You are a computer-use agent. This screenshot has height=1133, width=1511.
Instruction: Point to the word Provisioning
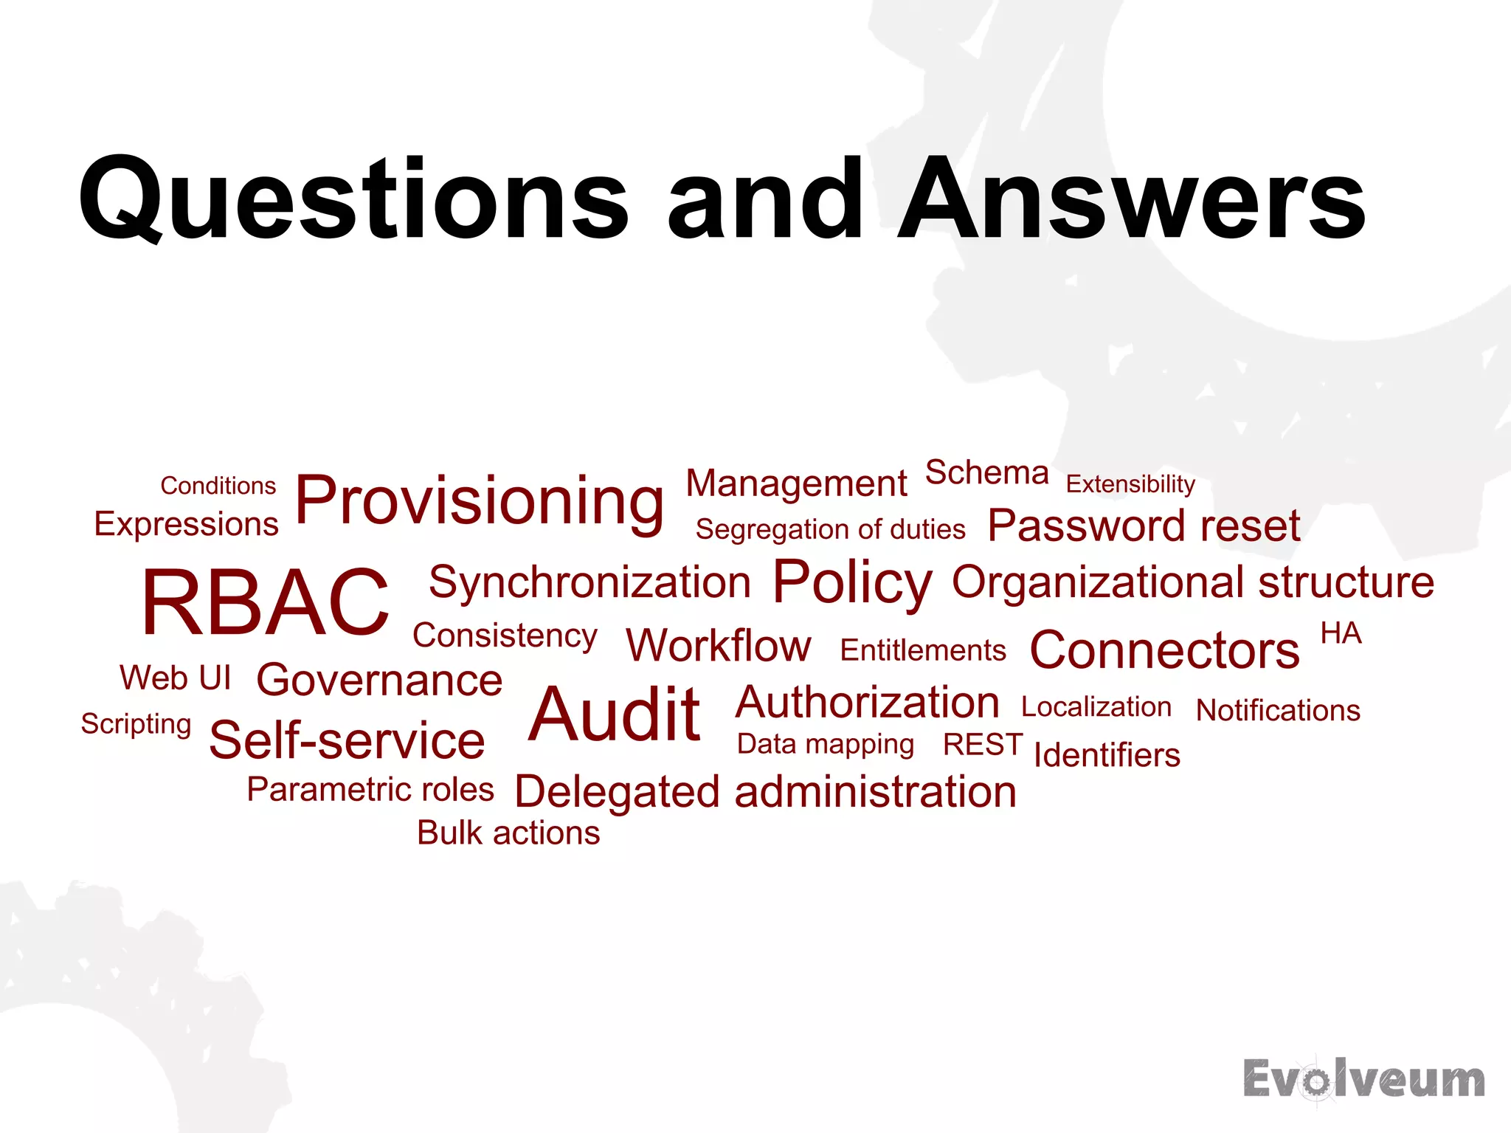tap(480, 502)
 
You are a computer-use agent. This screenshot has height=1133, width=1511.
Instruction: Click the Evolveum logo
tap(1363, 1079)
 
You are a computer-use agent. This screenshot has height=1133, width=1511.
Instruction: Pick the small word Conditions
tap(218, 486)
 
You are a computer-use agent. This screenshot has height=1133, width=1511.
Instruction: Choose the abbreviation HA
tap(1341, 633)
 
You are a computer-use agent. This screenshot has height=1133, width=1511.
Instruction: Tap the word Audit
tap(615, 714)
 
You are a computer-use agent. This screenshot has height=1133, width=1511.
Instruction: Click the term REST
tap(983, 745)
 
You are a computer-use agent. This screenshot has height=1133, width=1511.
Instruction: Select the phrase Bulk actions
tap(508, 833)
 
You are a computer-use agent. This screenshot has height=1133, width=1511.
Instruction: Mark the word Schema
tap(986, 472)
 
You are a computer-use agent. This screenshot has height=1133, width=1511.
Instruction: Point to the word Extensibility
tap(1130, 484)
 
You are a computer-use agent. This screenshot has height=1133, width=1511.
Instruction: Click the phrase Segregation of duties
tap(830, 529)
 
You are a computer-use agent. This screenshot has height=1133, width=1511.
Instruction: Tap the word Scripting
tap(136, 724)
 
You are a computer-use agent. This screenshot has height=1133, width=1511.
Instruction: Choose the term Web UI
tap(176, 678)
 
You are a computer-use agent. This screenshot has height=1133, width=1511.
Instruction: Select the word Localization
tap(1096, 707)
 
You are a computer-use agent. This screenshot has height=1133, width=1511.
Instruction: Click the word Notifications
tap(1278, 710)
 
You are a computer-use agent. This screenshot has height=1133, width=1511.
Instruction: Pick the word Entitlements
tap(923, 650)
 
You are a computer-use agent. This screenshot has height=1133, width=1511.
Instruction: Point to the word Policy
tap(852, 583)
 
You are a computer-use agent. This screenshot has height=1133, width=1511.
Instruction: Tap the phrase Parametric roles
tap(370, 790)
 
